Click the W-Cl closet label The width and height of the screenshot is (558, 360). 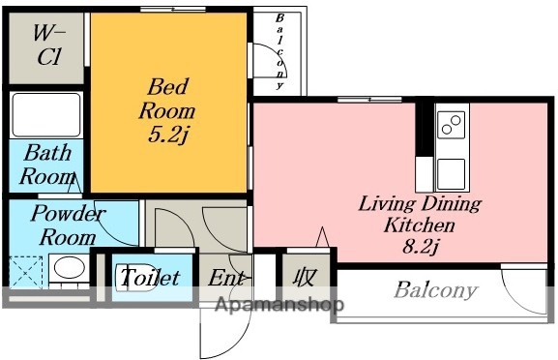(x=49, y=45)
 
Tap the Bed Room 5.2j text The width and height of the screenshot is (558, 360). (x=167, y=110)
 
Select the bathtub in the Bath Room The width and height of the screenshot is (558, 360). (x=45, y=114)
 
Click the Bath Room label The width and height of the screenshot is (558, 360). (x=47, y=165)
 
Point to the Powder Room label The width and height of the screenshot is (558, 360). (x=68, y=225)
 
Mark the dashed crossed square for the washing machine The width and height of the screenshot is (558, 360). (x=25, y=272)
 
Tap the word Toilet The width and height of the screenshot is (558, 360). (x=150, y=277)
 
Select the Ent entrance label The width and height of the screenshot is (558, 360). (x=226, y=278)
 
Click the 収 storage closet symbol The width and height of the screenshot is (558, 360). (x=306, y=277)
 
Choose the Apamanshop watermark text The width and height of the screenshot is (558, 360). (x=279, y=305)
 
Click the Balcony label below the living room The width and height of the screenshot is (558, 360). (x=435, y=290)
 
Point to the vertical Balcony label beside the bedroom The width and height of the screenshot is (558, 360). (x=280, y=51)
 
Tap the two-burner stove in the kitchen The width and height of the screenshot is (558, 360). (x=452, y=125)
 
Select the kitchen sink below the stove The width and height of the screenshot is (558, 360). (x=452, y=174)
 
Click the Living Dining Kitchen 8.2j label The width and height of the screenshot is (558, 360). (x=420, y=225)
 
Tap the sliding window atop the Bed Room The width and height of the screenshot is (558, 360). (x=173, y=10)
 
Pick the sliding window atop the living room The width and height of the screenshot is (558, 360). (x=369, y=100)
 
